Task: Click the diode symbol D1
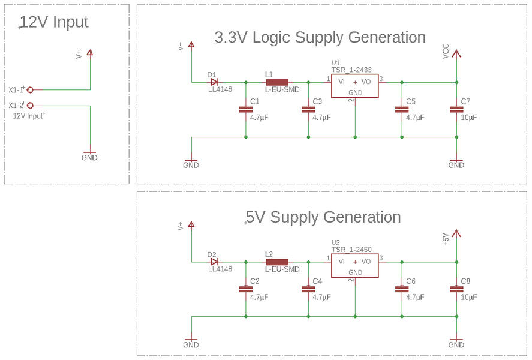tap(214, 82)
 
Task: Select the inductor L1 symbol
tap(276, 82)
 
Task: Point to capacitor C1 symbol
tap(245, 109)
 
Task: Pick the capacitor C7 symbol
tap(456, 109)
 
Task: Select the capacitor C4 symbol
tap(308, 289)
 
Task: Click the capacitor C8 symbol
tap(456, 289)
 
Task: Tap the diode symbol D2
tap(214, 262)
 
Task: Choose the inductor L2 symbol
tap(276, 262)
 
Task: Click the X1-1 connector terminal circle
tap(30, 89)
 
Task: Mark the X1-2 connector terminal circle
tap(30, 106)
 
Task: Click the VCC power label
tap(446, 51)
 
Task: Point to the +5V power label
tap(446, 239)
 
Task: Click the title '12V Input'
tap(54, 23)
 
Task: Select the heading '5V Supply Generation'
tap(323, 217)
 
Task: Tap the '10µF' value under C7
tap(469, 118)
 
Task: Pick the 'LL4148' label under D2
tap(220, 269)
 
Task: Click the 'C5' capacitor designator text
tap(411, 101)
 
